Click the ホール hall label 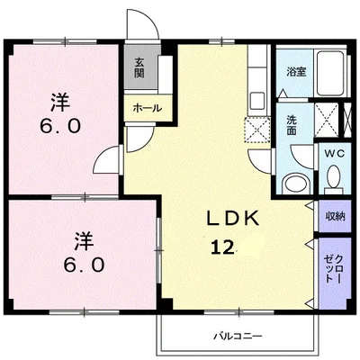(x=147, y=108)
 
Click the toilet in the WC (x=332, y=182)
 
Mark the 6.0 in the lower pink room (x=83, y=265)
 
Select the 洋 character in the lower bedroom (x=84, y=239)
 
